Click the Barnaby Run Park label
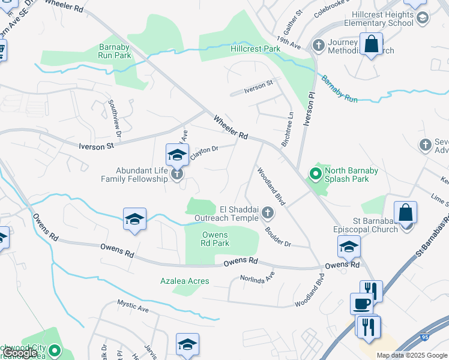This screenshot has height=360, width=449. (x=115, y=50)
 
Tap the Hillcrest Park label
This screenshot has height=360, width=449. (x=256, y=48)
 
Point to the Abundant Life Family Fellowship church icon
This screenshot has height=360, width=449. (x=176, y=175)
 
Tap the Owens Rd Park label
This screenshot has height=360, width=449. (x=215, y=239)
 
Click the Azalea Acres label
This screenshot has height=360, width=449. (x=184, y=281)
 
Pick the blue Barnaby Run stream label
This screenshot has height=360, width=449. (x=339, y=89)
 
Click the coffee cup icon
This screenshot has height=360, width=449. (x=361, y=304)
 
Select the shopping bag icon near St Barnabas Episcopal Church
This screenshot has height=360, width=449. (x=406, y=212)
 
